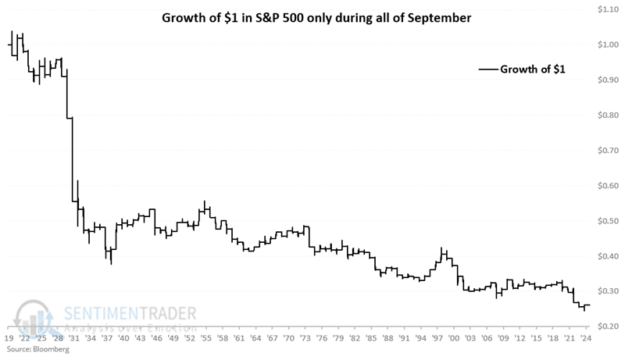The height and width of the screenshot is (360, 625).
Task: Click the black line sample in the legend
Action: pyautogui.click(x=490, y=70)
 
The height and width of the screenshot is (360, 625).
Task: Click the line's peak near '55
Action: pyautogui.click(x=205, y=201)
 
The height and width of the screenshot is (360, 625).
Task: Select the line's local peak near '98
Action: pyautogui.click(x=442, y=248)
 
